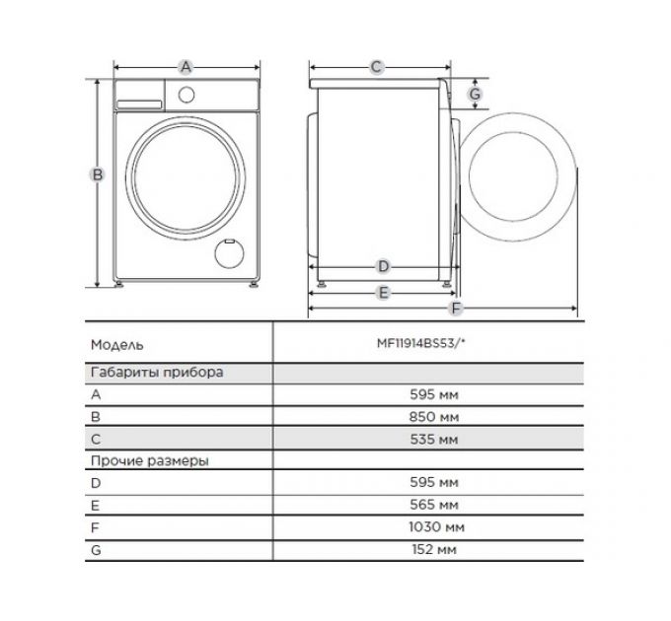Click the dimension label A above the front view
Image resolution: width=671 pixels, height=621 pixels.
pos(186,67)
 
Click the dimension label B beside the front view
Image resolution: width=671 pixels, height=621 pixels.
pos(98,174)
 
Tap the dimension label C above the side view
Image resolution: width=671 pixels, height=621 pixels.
pos(376,67)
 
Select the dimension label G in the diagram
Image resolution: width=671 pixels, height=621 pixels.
pos(475,94)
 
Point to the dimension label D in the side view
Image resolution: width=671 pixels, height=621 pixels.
pos(384,266)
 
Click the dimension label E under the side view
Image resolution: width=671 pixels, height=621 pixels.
pos(384,292)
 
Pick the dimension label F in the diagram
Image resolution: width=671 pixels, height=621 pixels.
pos(456,310)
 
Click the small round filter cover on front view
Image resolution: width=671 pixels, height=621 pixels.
pos(230,252)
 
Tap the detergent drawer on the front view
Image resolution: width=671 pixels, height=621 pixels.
pos(140,94)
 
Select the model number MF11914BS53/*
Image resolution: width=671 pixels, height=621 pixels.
pos(433,346)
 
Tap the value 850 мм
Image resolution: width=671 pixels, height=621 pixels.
pos(433,417)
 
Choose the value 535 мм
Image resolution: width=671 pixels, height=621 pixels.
pos(433,439)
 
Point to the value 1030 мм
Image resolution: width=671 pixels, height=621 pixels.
pos(433,526)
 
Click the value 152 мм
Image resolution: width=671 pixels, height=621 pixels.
pos(433,548)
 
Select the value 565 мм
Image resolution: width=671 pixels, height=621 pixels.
pos(433,505)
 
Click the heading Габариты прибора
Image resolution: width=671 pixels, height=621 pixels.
pos(157,373)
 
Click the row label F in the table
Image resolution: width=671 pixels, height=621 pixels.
pos(95,526)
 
